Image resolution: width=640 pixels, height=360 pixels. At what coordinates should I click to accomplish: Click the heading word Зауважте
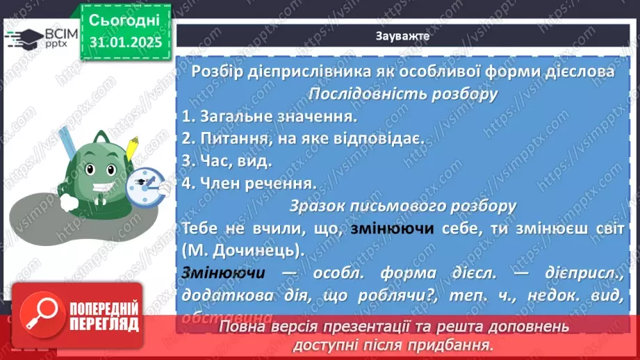click(402, 37)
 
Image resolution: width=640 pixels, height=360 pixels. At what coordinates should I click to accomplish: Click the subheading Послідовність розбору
click(402, 94)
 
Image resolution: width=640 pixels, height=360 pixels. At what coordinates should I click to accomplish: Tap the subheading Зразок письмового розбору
click(402, 206)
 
